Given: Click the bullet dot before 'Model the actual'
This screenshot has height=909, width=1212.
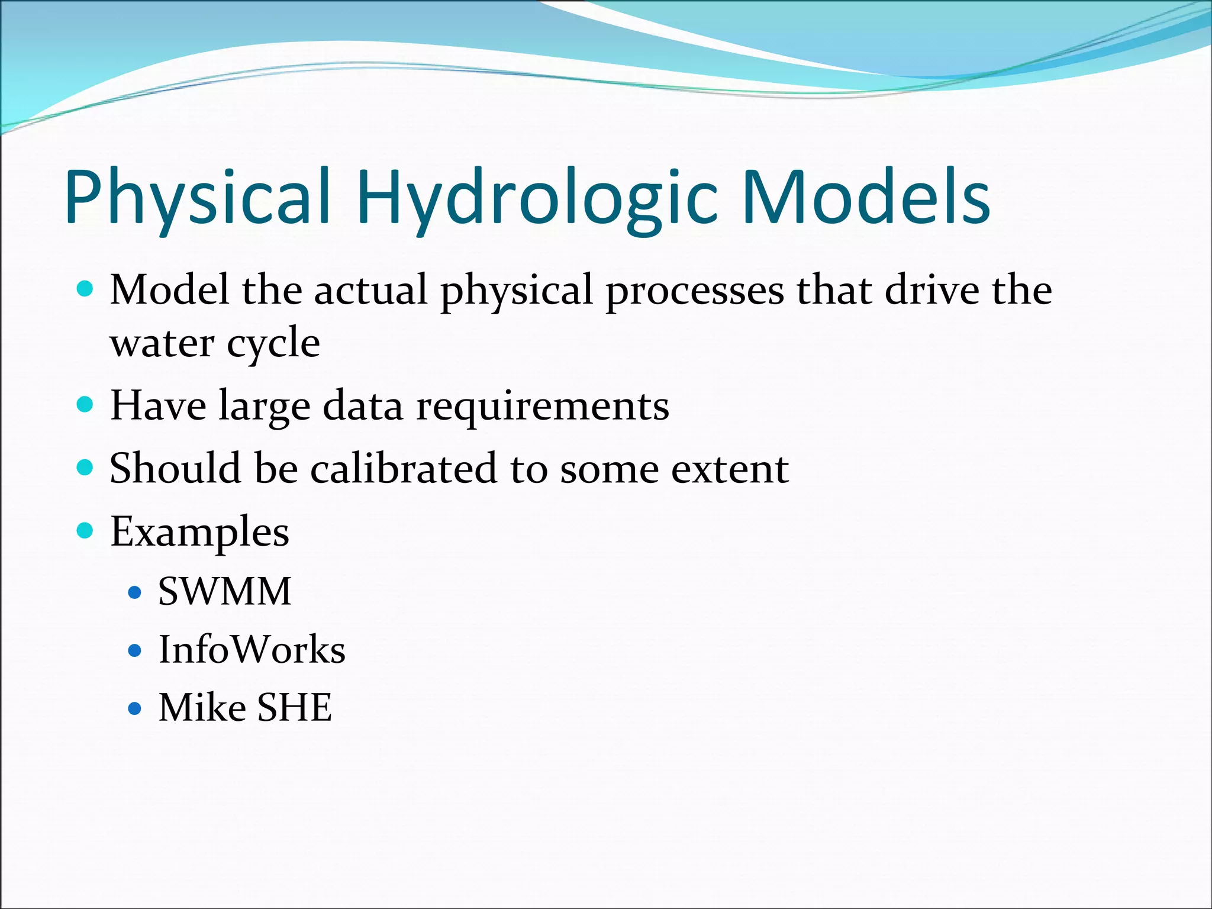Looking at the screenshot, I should [86, 289].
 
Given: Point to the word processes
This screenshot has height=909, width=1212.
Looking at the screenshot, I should [695, 291].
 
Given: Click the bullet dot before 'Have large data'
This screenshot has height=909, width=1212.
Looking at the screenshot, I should [86, 404].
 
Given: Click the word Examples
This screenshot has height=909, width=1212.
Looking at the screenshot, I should [199, 532].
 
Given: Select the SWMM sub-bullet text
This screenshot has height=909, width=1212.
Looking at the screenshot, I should [225, 591].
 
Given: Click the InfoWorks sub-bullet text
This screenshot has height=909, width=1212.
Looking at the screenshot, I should [252, 650].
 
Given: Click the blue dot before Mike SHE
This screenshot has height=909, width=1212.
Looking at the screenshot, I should [135, 708].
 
